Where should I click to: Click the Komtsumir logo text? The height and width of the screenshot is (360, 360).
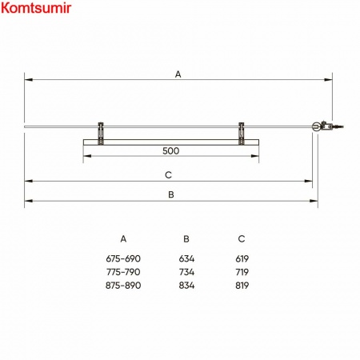[x=36, y=8]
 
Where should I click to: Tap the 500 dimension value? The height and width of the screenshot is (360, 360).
[x=170, y=151]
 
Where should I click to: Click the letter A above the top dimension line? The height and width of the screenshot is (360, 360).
[x=178, y=74]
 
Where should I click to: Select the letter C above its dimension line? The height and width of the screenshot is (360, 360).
[x=168, y=175]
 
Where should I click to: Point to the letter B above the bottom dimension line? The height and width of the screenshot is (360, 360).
[x=171, y=194]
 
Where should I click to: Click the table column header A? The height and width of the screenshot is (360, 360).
[x=123, y=238]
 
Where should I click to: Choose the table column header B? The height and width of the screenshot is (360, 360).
[x=186, y=238]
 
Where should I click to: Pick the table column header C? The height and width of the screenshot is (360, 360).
[x=242, y=238]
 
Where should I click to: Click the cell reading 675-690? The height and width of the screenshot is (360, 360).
[x=123, y=258]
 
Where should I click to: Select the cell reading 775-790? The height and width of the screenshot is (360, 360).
[x=123, y=272]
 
